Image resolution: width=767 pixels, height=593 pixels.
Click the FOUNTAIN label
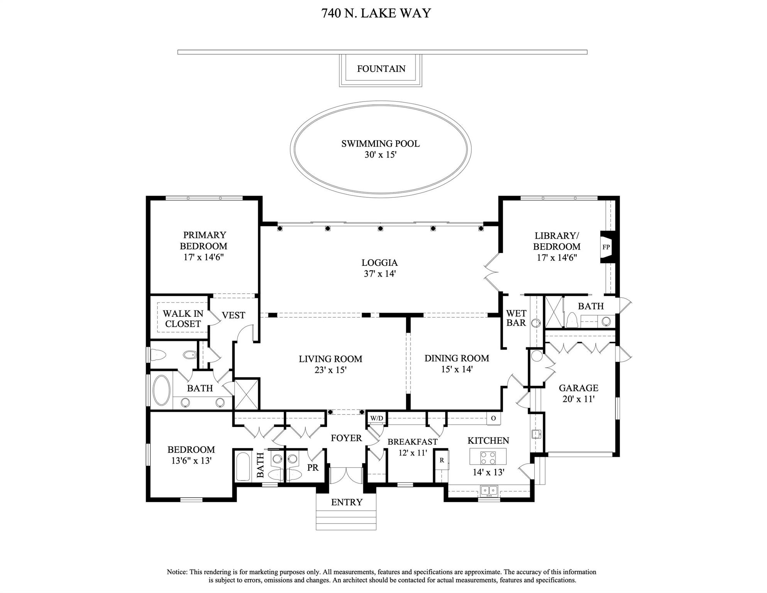click(381, 69)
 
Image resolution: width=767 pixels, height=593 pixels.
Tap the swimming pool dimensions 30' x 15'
click(381, 155)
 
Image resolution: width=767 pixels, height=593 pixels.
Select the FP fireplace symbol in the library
click(606, 247)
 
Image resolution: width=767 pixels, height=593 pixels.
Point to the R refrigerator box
click(442, 460)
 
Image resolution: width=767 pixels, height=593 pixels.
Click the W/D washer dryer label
click(377, 418)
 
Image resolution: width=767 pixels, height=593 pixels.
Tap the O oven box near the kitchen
click(493, 418)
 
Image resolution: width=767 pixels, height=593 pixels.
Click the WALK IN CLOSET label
click(183, 319)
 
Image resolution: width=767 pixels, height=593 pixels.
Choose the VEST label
click(233, 316)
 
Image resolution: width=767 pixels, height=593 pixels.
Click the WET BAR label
click(516, 318)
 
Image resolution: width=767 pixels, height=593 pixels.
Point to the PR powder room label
click(313, 468)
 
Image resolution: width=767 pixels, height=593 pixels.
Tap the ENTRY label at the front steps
click(347, 502)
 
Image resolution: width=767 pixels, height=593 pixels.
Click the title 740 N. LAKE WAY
click(376, 13)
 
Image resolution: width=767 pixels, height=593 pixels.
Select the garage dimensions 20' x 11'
click(578, 399)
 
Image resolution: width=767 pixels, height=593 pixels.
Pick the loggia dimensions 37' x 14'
click(380, 274)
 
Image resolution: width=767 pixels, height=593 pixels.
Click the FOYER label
click(346, 438)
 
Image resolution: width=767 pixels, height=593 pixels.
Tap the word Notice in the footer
click(177, 572)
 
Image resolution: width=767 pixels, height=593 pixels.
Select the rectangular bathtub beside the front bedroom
click(243, 466)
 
